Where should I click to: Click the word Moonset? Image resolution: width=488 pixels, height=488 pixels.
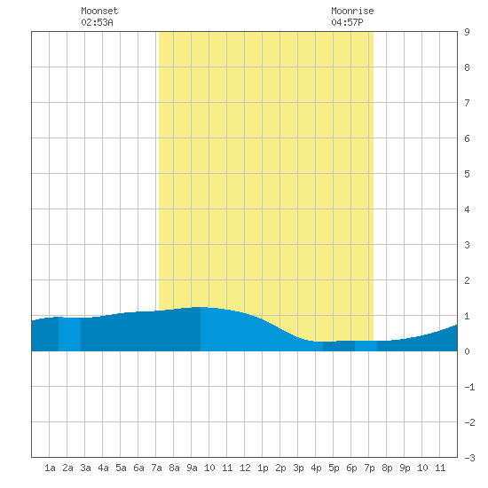(99, 11)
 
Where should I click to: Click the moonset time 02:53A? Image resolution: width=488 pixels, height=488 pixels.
(97, 22)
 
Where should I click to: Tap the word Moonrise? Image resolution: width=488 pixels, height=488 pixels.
(352, 11)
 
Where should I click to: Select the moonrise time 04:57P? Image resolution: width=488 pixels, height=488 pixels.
(347, 22)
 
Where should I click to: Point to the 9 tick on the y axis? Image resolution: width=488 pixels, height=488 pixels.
(467, 32)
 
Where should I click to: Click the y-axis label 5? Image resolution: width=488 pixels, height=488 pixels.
(467, 174)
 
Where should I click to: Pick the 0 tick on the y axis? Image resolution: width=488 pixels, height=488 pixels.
(467, 351)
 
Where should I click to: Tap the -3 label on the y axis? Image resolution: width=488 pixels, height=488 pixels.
(469, 458)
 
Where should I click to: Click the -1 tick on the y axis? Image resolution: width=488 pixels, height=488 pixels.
(469, 387)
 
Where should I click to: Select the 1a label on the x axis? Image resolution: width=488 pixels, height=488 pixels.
(50, 468)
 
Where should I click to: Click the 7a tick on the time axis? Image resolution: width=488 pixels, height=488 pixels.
(156, 468)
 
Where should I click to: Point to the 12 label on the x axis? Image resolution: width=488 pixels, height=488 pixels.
(245, 468)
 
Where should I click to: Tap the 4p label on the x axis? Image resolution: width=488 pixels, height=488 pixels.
(316, 468)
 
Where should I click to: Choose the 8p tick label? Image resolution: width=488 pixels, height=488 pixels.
(387, 468)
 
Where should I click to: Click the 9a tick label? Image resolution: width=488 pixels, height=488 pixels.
(192, 468)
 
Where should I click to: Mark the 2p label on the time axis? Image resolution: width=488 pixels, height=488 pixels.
(280, 468)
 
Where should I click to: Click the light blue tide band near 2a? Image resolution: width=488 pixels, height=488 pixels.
(70, 335)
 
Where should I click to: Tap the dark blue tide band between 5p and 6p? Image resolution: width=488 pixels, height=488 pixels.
(339, 346)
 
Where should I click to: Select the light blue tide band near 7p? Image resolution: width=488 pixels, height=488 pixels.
(366, 346)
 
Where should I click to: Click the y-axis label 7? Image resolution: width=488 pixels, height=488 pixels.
(467, 103)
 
